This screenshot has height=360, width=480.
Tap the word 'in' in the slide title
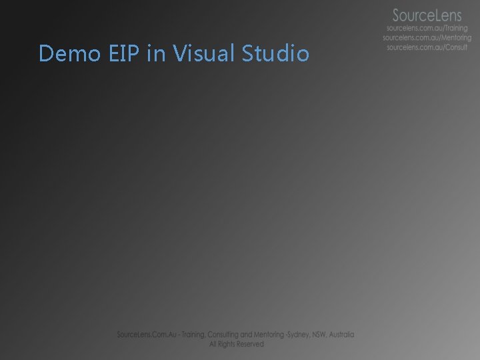point(155,53)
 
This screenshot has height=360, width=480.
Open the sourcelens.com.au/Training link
point(427,29)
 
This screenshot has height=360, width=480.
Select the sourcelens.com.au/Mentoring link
point(427,39)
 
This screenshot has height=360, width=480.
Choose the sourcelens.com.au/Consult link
point(427,48)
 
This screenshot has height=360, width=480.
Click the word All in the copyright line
point(213,344)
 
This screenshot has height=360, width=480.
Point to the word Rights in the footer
point(227,344)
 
